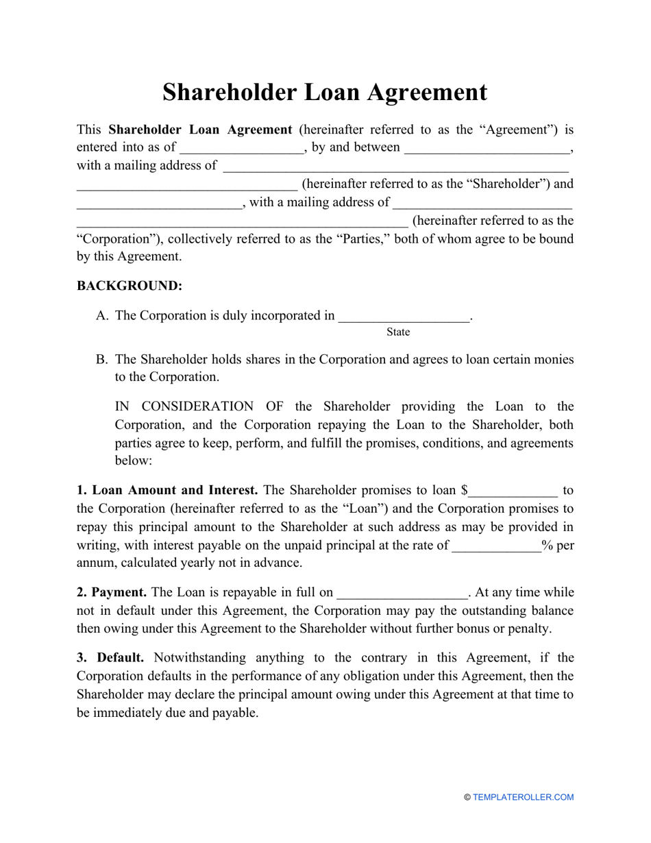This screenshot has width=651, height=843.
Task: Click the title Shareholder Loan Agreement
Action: [325, 93]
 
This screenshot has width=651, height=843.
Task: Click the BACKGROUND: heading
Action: [129, 286]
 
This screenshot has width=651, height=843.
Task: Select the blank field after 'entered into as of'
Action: [242, 149]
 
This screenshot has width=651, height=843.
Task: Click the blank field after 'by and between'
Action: [487, 149]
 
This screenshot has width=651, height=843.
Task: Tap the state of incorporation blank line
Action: [404, 317]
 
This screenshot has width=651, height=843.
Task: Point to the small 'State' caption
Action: [397, 332]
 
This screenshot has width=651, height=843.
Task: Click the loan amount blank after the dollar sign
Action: [513, 491]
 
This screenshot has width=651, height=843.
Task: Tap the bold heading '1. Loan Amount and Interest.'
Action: [167, 490]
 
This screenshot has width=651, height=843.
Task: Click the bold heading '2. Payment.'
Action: [111, 592]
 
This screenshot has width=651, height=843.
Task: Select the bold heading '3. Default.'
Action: [110, 657]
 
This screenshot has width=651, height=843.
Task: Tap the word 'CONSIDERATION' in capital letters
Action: [189, 406]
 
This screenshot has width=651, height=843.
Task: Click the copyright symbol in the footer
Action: [467, 797]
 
